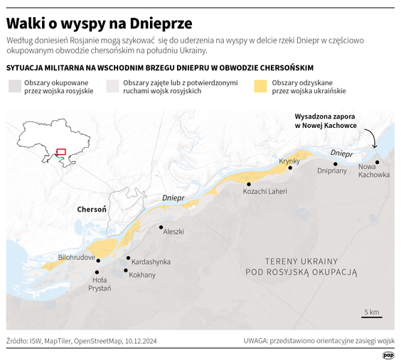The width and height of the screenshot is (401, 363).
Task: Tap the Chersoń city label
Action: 92,210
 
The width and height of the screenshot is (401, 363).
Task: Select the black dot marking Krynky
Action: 289,168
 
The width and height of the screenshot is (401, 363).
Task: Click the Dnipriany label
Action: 332,170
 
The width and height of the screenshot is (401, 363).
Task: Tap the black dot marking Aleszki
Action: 160,227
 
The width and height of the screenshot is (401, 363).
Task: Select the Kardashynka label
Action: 151,261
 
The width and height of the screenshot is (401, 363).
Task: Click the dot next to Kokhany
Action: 126,271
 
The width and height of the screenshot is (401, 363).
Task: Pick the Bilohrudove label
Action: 77,256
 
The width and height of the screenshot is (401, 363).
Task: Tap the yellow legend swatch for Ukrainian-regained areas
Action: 260,87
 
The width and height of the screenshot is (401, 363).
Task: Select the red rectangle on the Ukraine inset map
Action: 60,151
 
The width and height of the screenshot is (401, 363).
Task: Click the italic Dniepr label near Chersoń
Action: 173,197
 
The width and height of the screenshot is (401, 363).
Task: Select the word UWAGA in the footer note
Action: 259,341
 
